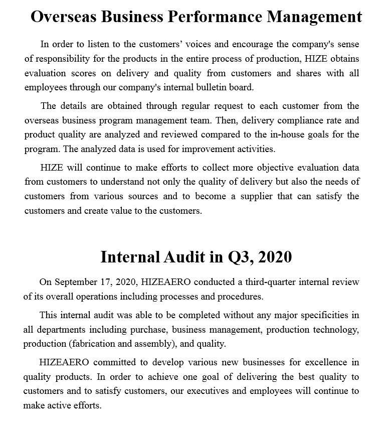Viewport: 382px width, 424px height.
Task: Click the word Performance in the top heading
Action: [215, 17]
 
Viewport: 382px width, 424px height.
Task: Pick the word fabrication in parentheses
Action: [94, 344]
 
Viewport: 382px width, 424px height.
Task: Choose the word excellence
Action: [325, 362]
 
